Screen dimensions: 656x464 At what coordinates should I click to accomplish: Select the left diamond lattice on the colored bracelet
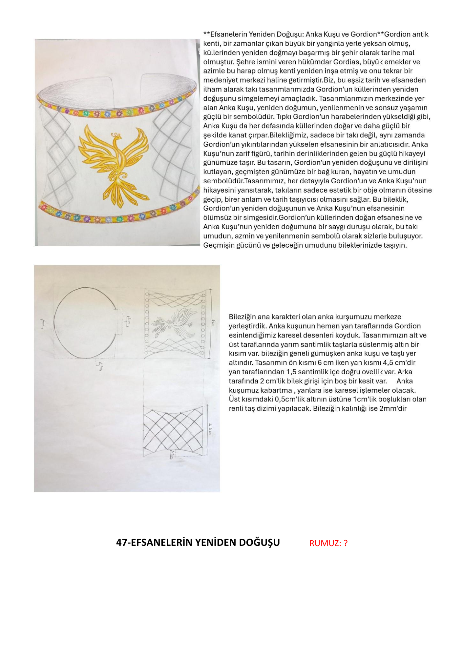tap(57, 154)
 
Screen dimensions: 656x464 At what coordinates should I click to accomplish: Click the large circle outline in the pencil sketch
tap(85, 322)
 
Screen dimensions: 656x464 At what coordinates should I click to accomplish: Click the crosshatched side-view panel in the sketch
tap(173, 430)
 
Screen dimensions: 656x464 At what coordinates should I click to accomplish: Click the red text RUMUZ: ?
tap(328, 543)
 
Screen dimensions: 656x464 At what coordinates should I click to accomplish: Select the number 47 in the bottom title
tap(121, 543)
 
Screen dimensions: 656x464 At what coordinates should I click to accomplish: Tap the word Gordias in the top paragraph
tap(344, 62)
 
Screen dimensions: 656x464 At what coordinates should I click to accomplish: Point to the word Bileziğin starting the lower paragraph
tap(242, 317)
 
